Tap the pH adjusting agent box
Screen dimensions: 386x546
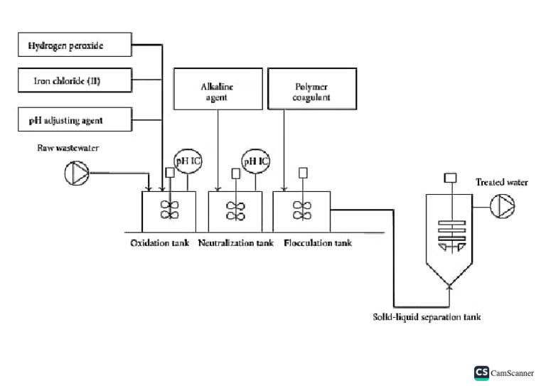(75, 119)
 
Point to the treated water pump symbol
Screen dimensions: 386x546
(502, 206)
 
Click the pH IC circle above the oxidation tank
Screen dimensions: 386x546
(188, 161)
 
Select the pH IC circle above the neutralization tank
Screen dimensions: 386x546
(255, 161)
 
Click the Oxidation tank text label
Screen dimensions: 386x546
(159, 243)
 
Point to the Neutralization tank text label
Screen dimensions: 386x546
(235, 243)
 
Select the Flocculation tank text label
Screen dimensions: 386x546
(317, 243)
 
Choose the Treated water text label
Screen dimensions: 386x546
(502, 183)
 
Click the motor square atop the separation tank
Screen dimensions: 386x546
(449, 178)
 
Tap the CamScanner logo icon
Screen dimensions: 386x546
(481, 372)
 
